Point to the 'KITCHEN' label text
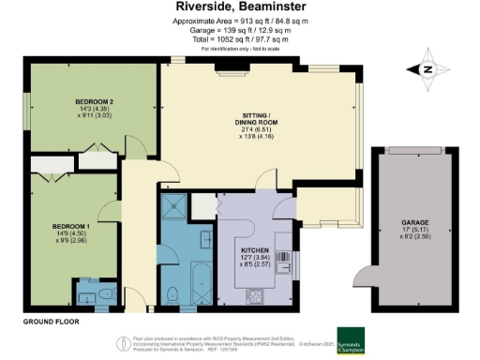pyautogui.click(x=254, y=249)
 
